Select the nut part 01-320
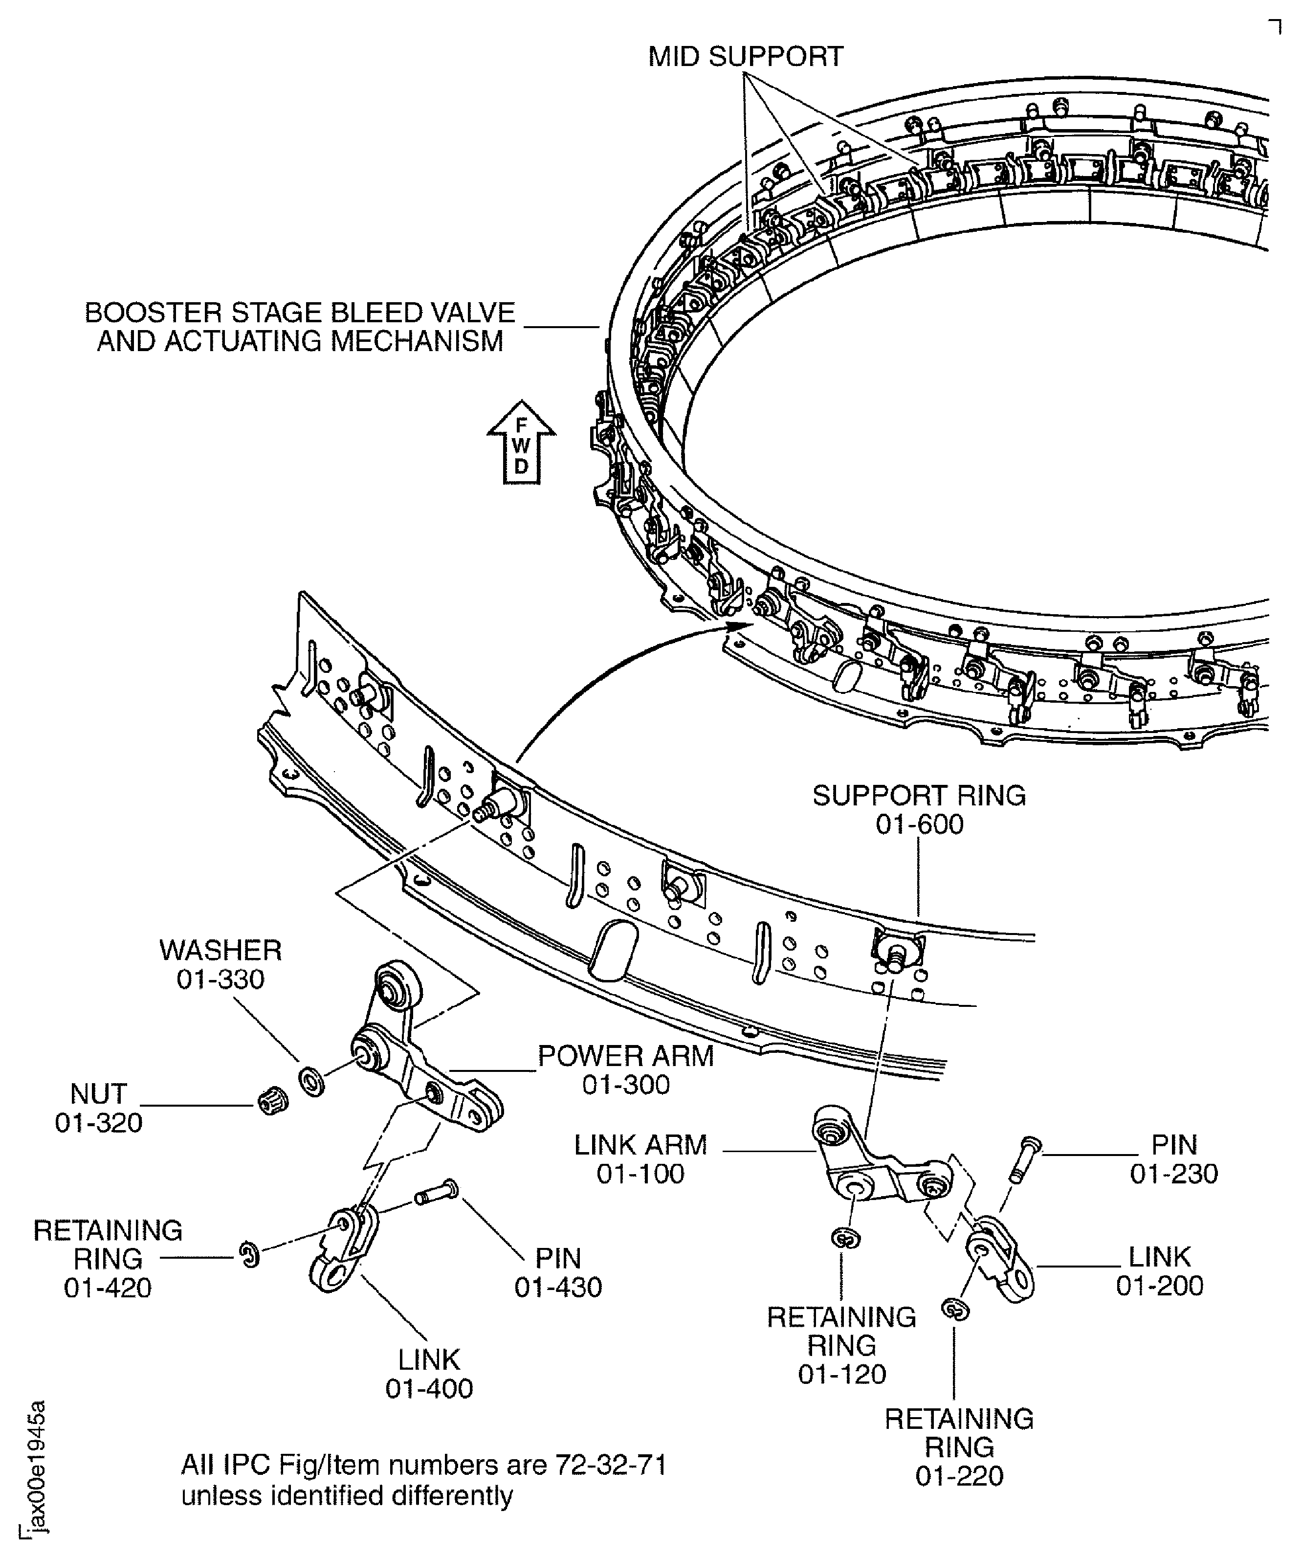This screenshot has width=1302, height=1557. pos(272,1103)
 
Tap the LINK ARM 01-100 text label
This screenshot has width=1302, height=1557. pos(640,1159)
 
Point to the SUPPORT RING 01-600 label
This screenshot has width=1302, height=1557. pos(919,810)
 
